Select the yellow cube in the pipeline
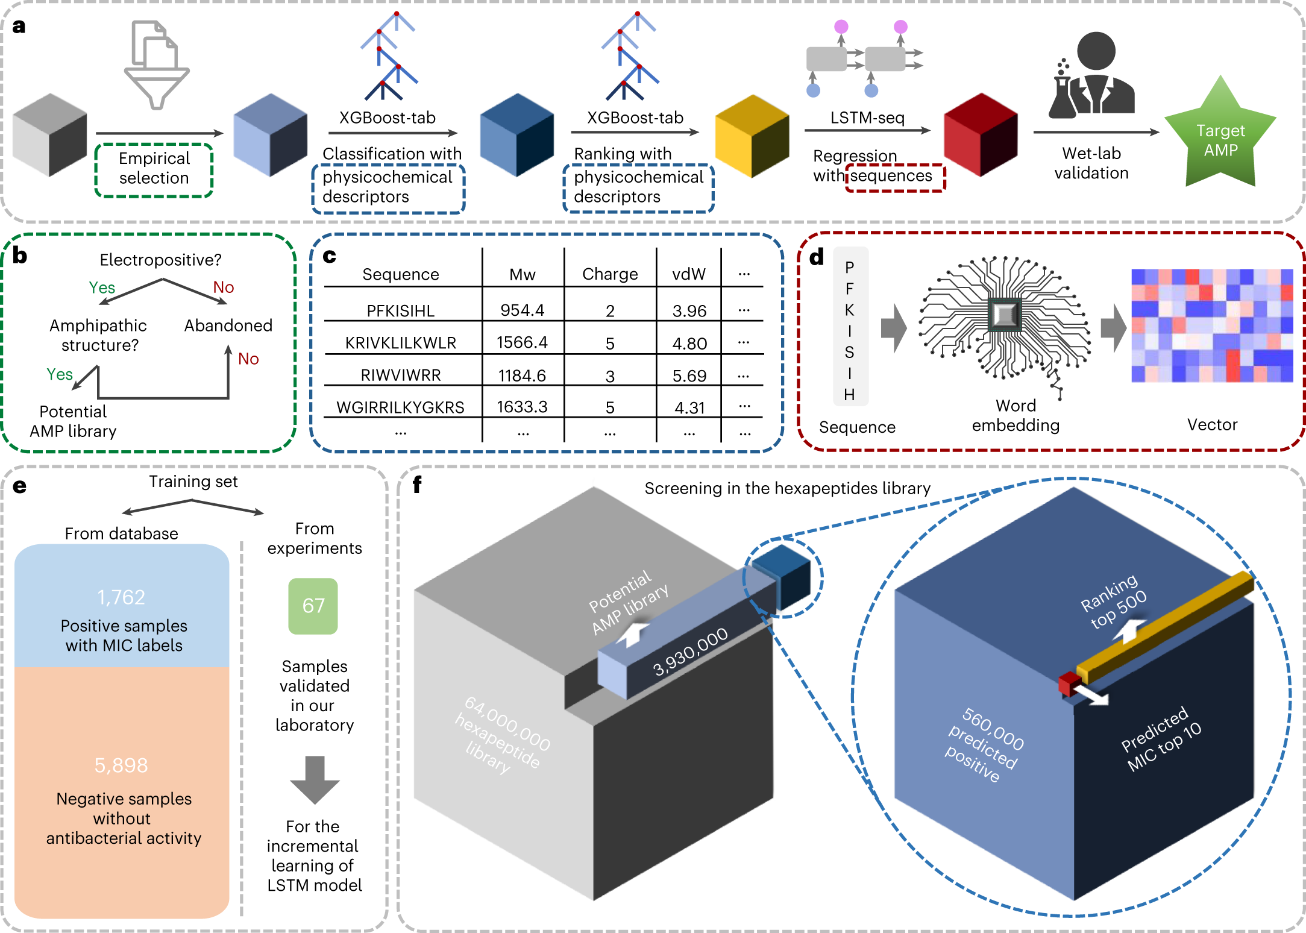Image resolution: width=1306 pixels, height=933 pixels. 752,136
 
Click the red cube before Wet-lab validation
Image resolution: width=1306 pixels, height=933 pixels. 981,134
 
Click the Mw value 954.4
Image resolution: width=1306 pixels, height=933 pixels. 522,310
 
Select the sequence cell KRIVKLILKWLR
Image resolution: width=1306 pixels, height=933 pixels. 400,343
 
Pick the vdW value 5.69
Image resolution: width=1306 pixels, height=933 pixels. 689,376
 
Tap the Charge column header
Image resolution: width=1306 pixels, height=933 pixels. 610,274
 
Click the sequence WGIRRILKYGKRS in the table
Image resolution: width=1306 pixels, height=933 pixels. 400,407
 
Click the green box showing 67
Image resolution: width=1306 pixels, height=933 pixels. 313,606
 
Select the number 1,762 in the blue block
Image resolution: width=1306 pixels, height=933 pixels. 121,597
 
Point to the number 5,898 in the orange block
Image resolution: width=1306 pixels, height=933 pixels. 121,765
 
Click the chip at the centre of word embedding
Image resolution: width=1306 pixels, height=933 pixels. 1005,315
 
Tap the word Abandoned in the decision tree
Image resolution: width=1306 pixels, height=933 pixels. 228,325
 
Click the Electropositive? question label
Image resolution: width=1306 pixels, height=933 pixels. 160,260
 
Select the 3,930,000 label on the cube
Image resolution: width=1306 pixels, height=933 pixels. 691,651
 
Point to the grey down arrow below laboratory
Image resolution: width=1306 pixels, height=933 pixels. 315,780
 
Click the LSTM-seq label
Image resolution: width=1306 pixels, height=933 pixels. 867,118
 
